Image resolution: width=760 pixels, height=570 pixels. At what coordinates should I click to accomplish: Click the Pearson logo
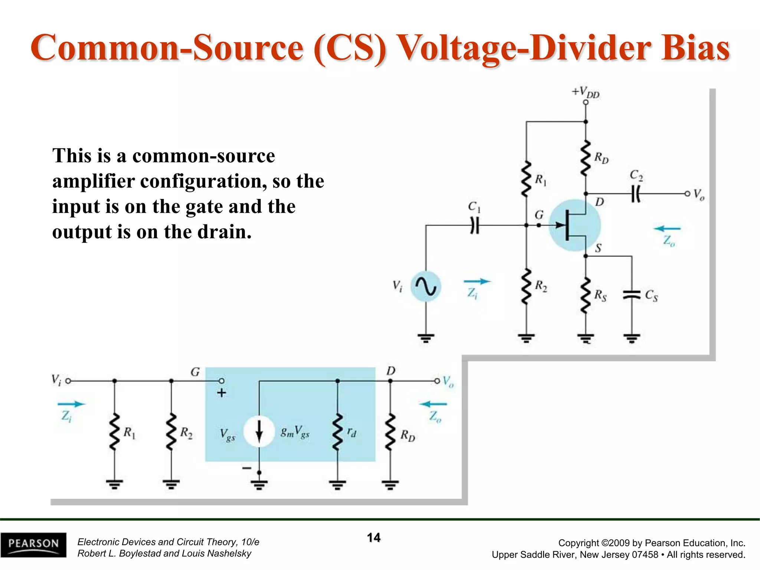point(33,544)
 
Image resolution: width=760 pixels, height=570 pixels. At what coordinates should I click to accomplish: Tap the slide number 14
point(374,537)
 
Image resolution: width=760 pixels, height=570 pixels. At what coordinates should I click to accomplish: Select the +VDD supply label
point(586,92)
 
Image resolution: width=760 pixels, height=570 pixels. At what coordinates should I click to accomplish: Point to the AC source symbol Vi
point(426,286)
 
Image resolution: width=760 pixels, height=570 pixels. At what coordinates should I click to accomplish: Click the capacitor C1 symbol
point(475,225)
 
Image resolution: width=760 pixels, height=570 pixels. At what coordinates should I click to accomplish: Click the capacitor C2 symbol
point(636,194)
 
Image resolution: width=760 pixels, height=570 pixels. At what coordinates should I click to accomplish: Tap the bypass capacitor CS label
point(651,295)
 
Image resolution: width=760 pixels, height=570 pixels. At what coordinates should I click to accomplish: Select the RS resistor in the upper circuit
point(586,295)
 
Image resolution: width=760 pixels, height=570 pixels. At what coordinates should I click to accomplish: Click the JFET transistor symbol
point(574,225)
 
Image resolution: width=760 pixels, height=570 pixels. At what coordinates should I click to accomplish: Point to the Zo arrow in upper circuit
point(667,229)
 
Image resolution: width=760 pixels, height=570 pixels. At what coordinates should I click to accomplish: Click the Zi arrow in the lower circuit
point(71,404)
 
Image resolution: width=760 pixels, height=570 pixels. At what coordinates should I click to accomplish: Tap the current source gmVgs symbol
point(259,432)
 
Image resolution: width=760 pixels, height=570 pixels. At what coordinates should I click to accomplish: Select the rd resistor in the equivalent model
point(337,432)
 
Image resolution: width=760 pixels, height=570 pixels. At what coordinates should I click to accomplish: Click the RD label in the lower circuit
point(407,435)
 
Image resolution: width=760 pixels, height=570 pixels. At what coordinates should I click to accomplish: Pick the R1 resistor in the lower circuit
point(115,432)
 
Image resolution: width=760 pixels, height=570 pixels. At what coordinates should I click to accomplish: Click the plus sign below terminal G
point(222,393)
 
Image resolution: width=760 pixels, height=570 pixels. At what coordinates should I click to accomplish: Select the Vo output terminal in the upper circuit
point(687,194)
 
